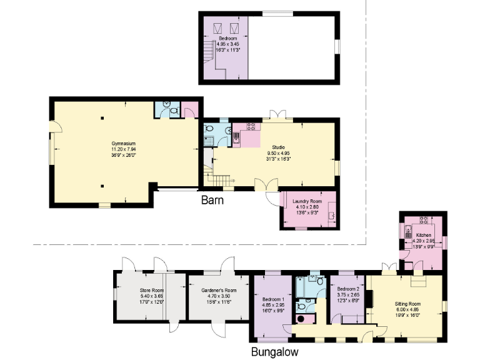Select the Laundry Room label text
(x=306, y=201)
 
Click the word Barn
(x=212, y=201)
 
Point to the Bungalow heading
(x=274, y=352)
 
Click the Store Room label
(x=151, y=291)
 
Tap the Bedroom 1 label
(x=274, y=299)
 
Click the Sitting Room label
(x=407, y=303)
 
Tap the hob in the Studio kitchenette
(x=252, y=126)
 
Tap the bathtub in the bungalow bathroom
(x=303, y=286)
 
